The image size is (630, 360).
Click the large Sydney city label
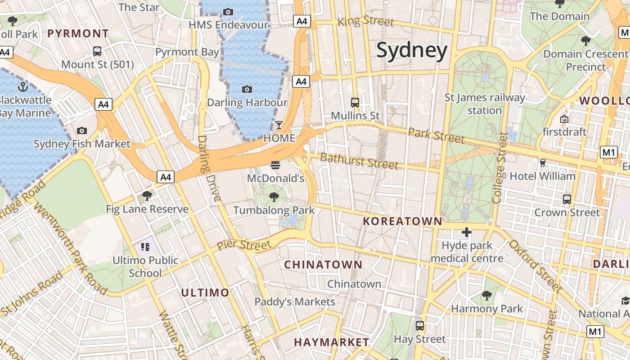(411, 50)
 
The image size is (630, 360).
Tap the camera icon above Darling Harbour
(247, 89)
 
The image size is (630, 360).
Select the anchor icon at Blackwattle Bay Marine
(22, 86)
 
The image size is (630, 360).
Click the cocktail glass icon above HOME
(279, 125)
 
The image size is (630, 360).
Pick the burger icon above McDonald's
(275, 165)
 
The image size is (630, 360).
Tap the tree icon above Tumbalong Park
(274, 197)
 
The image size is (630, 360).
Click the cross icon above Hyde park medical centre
(467, 232)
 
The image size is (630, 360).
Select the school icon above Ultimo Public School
(145, 247)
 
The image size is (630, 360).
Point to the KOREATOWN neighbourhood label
(403, 221)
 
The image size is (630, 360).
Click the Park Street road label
(436, 135)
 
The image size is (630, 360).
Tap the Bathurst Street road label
(359, 161)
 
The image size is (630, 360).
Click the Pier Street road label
(244, 245)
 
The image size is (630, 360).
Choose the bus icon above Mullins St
(355, 102)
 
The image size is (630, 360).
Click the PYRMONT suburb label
(78, 33)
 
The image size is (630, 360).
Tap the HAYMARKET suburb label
(332, 342)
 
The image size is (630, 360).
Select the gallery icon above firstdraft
(564, 119)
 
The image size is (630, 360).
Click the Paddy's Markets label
(295, 301)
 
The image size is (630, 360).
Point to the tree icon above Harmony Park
(486, 295)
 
